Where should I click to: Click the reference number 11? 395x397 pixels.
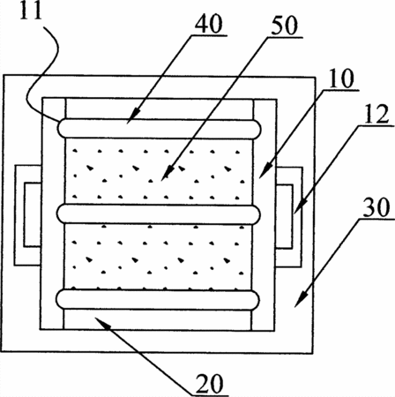tap(31, 11)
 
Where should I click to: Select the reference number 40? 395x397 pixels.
tap(209, 24)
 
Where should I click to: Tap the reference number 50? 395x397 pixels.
tap(284, 26)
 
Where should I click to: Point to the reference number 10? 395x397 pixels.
tap(340, 79)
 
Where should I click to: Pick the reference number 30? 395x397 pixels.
tap(376, 207)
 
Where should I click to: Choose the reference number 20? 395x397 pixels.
tap(210, 384)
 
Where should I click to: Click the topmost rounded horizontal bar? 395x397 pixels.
tap(160, 129)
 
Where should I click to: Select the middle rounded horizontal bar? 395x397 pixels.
tap(159, 214)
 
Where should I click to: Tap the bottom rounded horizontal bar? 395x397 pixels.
tap(158, 299)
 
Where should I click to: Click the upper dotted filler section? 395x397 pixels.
tap(159, 171)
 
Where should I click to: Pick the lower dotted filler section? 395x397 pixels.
tap(158, 257)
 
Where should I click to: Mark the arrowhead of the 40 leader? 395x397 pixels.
tap(132, 116)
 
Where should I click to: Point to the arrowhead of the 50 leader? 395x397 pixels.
tap(167, 173)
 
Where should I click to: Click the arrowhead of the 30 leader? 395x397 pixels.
tap(301, 299)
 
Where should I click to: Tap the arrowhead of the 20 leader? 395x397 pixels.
tap(101, 322)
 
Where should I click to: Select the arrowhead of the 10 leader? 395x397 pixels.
tap(265, 171)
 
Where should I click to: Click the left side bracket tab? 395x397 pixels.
tap(27, 215)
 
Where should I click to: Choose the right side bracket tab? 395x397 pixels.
tap(288, 217)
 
